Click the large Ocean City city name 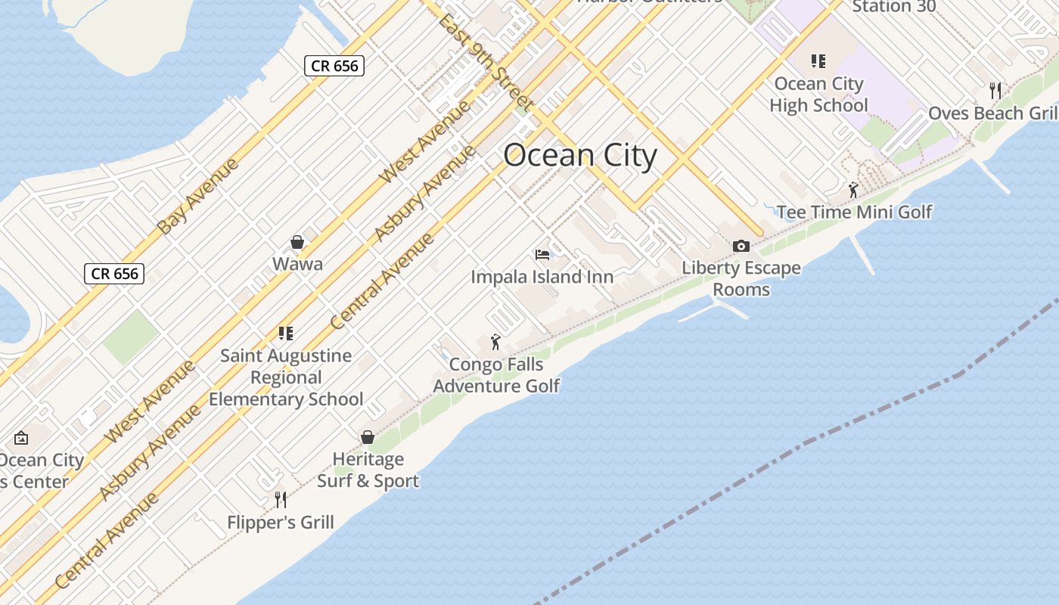coord(580,156)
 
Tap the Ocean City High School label coord(818,95)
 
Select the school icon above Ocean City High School coord(818,61)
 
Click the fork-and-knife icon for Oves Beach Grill coord(995,91)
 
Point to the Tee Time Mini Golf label coord(855,212)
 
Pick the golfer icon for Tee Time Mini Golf coord(853,190)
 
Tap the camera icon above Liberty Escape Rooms coord(741,246)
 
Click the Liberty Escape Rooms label coord(741,278)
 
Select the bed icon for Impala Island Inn coord(542,254)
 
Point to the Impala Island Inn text coord(542,277)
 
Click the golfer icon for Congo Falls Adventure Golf coord(495,342)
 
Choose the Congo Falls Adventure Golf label coord(496,375)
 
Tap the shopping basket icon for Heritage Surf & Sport coord(368,437)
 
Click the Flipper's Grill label coord(281,522)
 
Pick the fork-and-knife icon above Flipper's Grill coord(281,499)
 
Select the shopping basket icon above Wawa coord(297,242)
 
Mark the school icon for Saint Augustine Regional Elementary coord(285,333)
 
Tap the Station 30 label coord(894,7)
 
